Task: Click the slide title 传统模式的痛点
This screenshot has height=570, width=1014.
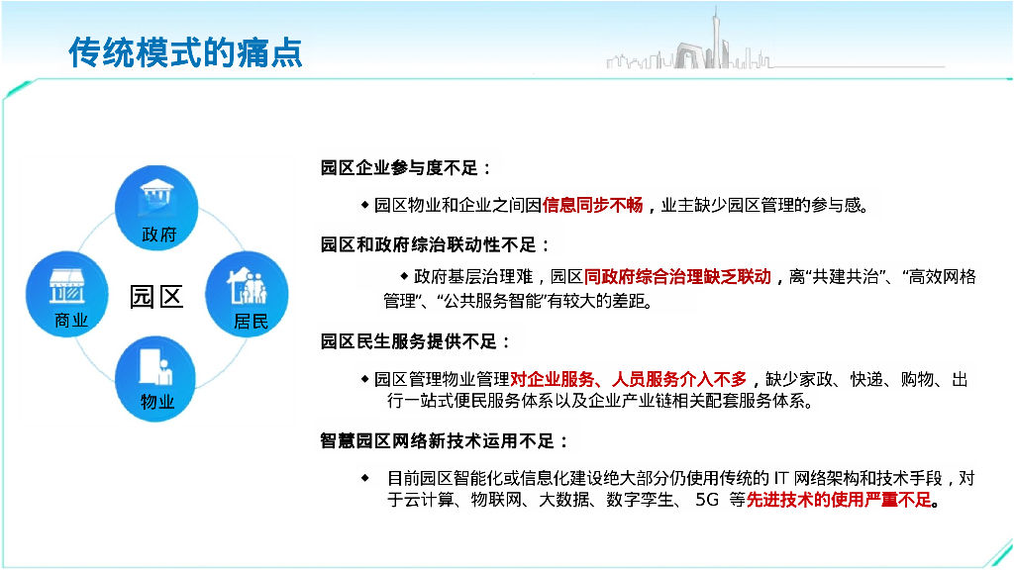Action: point(185,52)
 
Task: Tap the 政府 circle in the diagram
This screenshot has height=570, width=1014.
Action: point(157,208)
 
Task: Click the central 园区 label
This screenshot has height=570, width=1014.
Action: point(156,296)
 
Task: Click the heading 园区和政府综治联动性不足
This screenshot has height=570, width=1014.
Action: point(435,244)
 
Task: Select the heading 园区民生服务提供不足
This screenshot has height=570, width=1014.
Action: point(416,341)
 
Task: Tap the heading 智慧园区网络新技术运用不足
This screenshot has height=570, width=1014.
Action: point(445,440)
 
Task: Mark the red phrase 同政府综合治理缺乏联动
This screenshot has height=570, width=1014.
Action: point(677,277)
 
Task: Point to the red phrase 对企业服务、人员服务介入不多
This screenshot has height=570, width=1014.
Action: point(628,379)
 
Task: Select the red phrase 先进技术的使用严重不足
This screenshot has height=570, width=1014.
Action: point(840,500)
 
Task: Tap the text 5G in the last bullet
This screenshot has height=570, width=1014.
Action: point(707,500)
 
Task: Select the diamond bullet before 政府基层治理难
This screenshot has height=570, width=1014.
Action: point(404,275)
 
